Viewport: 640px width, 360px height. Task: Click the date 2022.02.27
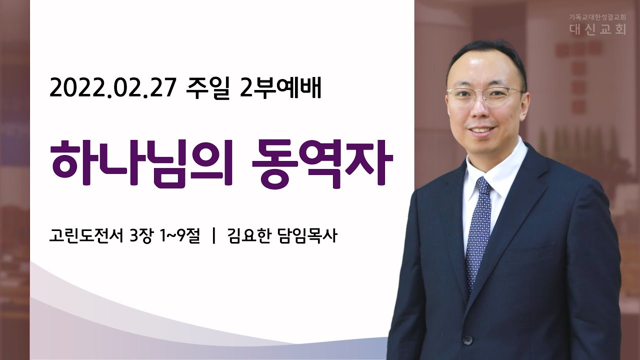click(112, 88)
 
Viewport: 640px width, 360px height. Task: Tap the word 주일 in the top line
click(208, 88)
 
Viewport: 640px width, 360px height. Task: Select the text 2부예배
click(281, 88)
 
